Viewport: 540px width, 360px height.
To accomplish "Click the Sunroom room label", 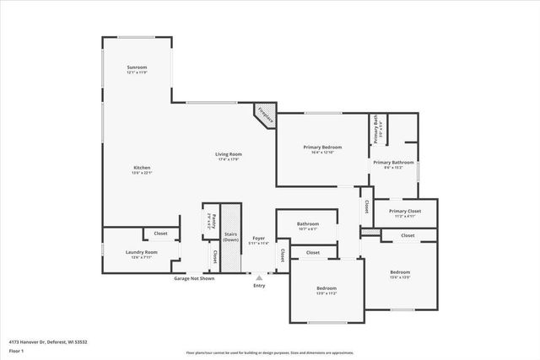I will point(137,67).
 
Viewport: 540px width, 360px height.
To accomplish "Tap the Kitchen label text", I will point(142,168).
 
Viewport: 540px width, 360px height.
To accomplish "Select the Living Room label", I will point(229,154).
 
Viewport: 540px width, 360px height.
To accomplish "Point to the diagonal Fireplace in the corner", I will point(265,116).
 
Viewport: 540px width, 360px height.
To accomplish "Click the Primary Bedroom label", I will point(322,148).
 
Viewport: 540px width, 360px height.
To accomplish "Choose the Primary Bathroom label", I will point(393,162).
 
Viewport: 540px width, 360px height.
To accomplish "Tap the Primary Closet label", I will point(400,212).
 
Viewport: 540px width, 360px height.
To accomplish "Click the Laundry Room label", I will point(140,252).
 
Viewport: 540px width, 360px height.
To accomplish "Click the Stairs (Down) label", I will point(230,237).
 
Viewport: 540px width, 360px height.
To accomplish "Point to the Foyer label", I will point(259,239).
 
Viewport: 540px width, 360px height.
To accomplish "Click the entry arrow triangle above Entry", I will point(259,277).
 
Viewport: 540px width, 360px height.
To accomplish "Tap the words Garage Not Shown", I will point(193,277).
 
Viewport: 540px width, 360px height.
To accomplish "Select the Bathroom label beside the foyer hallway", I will point(307,224).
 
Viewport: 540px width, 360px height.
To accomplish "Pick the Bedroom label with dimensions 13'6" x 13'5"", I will point(400,272).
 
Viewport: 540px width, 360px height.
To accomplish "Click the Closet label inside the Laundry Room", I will point(160,234).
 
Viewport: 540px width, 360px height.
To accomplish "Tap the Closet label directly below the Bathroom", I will point(312,252).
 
